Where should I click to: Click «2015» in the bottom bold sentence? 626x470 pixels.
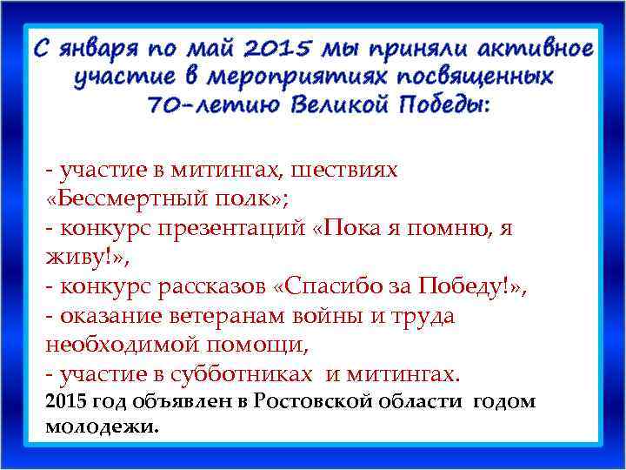66,401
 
